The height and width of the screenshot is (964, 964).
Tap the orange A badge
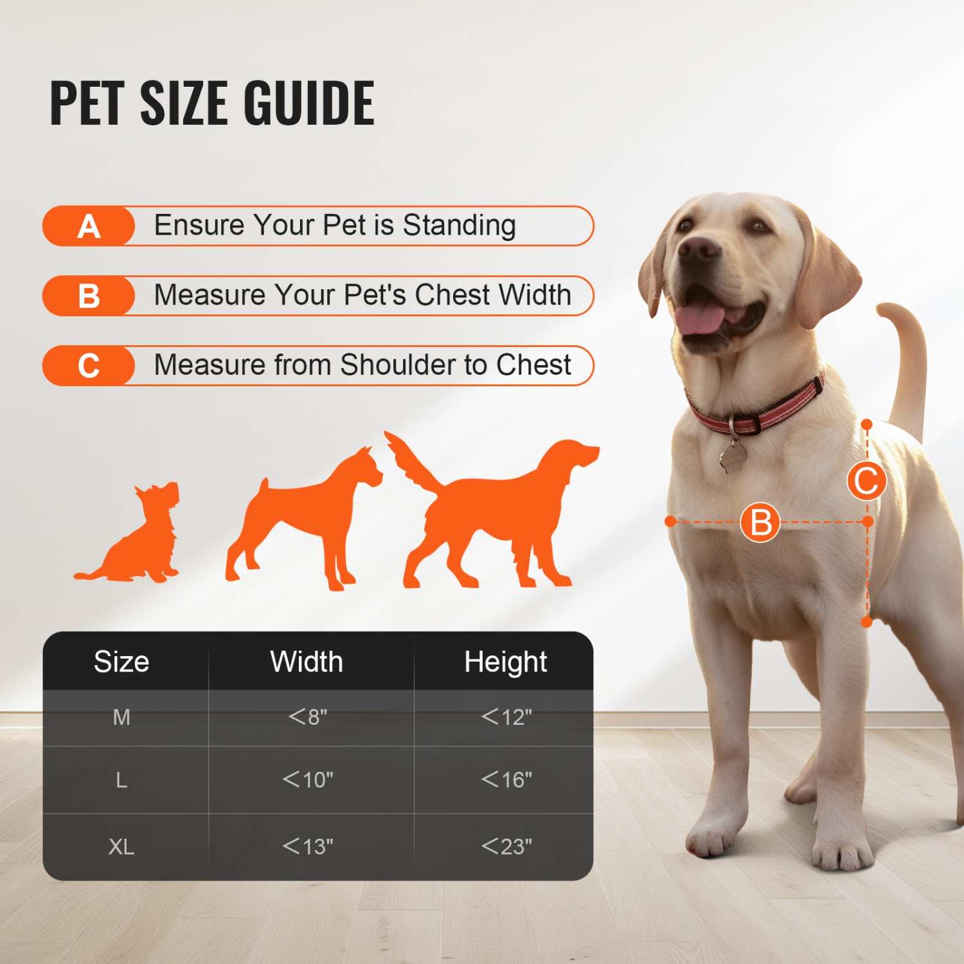click(89, 226)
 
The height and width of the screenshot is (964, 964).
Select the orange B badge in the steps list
click(89, 296)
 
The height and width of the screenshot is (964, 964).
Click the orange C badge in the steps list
click(89, 366)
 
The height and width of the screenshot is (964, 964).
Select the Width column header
click(307, 662)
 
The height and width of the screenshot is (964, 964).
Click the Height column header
click(506, 662)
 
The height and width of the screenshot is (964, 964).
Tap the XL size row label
click(121, 846)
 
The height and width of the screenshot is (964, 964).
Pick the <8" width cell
click(308, 717)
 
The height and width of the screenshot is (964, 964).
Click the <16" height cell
click(506, 780)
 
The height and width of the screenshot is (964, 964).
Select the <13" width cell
click(308, 846)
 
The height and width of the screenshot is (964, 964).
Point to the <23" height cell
click(506, 846)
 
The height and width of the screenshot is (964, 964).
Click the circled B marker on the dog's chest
click(760, 522)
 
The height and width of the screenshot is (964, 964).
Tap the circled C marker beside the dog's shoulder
click(866, 481)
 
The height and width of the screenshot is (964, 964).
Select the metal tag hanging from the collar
click(733, 456)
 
